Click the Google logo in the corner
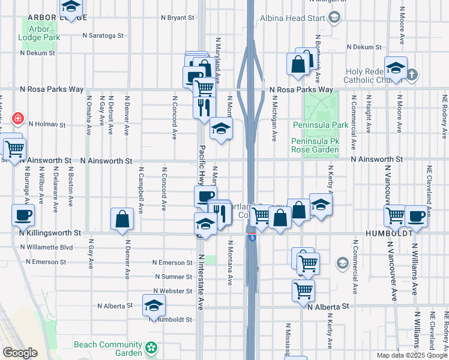point(20,353)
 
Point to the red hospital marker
point(18,118)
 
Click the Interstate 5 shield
point(253,237)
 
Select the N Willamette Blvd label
point(49,247)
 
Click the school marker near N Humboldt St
point(154,306)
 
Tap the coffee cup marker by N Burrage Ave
point(23,215)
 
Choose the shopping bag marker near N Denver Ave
point(122,220)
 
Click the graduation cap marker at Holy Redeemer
point(396,67)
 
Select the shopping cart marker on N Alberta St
point(303,290)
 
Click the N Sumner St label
point(173,277)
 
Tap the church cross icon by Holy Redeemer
point(412,76)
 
